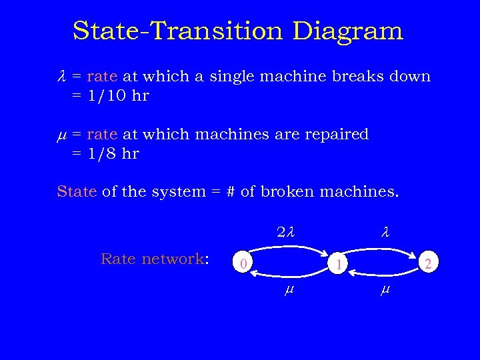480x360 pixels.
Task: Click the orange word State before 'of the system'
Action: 77,192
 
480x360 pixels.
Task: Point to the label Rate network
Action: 155,259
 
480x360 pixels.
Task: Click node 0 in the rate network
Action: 245,264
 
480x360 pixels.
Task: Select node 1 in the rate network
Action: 339,265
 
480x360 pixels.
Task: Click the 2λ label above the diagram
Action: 285,233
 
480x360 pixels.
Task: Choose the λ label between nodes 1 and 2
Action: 385,233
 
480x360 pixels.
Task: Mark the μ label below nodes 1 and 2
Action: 384,291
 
